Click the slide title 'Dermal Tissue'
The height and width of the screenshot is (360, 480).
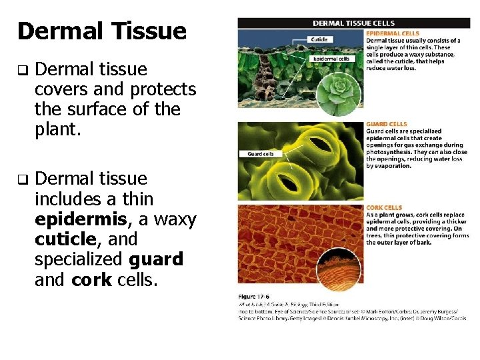coord(101,31)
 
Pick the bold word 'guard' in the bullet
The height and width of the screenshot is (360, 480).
coord(156,259)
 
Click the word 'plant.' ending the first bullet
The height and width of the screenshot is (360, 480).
coord(57,129)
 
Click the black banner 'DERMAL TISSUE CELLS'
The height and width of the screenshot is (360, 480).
coord(353,23)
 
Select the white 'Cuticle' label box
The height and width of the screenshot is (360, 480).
coord(319,39)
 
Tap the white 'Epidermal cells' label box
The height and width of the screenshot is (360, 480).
coord(331,58)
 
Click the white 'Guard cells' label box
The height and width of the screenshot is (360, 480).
coord(261,154)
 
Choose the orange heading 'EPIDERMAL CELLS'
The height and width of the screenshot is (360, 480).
coord(393,33)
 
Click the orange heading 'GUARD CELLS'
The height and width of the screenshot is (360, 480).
coord(386,124)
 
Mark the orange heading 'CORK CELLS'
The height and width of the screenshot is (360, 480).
coord(383,208)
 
